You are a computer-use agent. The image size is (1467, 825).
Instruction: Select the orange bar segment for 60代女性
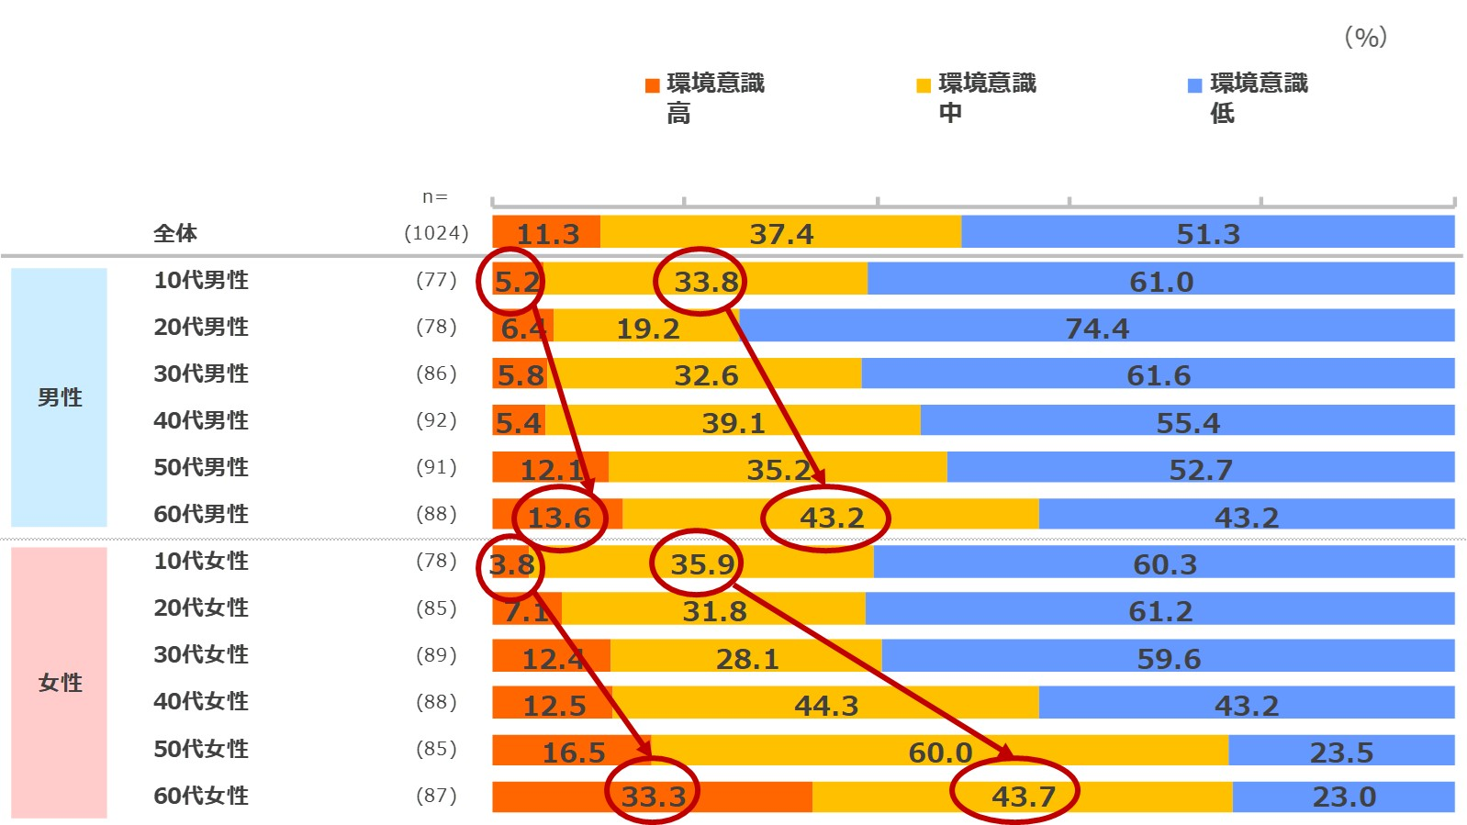734,797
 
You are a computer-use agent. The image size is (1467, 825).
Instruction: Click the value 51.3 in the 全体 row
1208,234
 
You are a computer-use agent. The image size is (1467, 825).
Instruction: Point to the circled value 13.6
559,518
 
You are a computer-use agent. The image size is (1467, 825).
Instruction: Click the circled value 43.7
1023,796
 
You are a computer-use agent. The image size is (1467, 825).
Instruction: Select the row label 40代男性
201,420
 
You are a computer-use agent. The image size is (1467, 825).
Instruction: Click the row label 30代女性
201,654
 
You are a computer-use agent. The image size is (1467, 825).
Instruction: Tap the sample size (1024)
436,233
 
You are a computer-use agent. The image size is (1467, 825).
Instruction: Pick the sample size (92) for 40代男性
436,420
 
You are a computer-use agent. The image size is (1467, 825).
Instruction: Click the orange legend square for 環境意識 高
653,85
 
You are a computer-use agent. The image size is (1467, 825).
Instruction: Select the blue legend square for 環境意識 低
1195,85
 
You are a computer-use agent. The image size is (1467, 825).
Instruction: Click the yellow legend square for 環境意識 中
924,85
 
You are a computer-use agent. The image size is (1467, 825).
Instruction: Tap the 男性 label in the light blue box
60,397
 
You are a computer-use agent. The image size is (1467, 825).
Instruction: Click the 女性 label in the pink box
60,683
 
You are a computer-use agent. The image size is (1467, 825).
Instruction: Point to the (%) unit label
1365,37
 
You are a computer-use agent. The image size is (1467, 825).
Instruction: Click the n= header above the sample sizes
435,197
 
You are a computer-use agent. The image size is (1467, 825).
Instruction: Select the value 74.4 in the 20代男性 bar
1097,328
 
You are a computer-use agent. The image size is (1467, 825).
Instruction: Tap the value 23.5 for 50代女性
1341,753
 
